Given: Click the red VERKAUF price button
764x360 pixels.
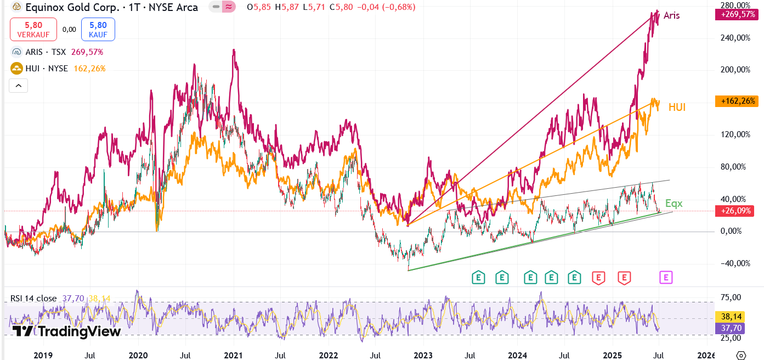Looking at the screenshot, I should (33, 29).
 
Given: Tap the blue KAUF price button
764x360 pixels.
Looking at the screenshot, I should (98, 29).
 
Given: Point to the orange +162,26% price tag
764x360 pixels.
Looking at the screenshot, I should (737, 101).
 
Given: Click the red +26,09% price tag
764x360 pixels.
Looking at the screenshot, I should (737, 211).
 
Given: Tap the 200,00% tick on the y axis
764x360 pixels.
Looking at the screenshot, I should (735, 70).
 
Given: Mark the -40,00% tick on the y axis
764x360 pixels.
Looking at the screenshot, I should (735, 263).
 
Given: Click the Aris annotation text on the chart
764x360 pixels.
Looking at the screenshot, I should (671, 16).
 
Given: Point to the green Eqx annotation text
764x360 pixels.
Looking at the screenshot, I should (674, 204).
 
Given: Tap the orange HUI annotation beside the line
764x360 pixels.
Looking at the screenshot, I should (677, 108).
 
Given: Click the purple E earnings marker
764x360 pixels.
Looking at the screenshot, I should (666, 277).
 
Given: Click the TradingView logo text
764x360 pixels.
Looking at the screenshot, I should (66, 331).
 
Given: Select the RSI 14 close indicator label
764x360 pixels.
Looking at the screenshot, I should (33, 298).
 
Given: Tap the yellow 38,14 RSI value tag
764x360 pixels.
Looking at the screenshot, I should (728, 317).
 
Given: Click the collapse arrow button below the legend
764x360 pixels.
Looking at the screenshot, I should (18, 86).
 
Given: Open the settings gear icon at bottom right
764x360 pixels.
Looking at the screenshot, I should (741, 355).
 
